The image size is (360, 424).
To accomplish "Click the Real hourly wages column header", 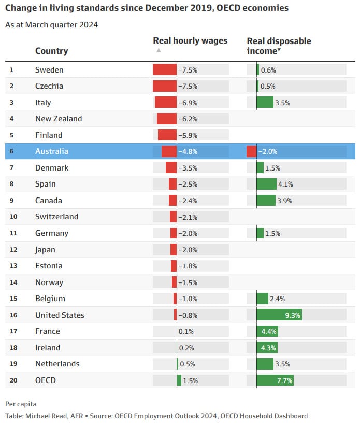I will click(190, 40).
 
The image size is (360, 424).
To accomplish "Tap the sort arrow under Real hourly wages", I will click(159, 50).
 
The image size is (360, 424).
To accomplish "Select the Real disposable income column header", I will click(279, 45).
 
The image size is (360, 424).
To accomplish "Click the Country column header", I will click(51, 51).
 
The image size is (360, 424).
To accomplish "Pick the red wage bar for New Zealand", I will click(167, 119).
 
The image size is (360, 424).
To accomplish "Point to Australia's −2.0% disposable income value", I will click(268, 151).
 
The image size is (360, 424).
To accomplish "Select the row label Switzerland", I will click(56, 217).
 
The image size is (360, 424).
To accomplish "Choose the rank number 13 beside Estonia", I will click(13, 266).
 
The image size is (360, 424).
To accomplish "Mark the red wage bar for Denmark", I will click(171, 168).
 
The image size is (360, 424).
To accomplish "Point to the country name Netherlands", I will click(57, 364).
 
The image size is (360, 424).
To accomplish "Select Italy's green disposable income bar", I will click(265, 103).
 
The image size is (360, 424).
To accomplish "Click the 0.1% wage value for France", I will click(186, 331).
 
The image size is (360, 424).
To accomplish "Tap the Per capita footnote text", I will click(21, 404).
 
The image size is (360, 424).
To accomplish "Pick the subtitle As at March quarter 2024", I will click(51, 25).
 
